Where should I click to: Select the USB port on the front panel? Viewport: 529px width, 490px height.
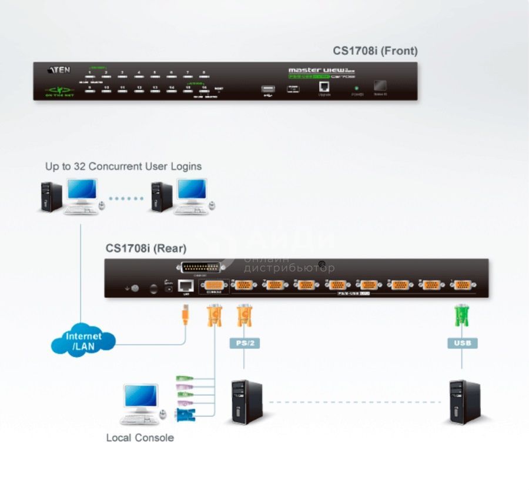tap(269, 90)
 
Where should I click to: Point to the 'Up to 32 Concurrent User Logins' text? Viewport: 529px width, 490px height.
tap(123, 166)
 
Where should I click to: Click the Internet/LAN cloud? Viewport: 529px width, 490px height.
tap(83, 341)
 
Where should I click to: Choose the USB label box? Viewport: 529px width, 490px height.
tap(463, 342)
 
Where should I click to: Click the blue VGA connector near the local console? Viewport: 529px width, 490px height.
tap(186, 415)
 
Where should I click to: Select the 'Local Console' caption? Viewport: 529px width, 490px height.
tap(140, 438)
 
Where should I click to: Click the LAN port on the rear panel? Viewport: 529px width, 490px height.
tap(186, 286)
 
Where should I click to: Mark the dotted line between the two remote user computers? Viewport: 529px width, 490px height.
tap(125, 198)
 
